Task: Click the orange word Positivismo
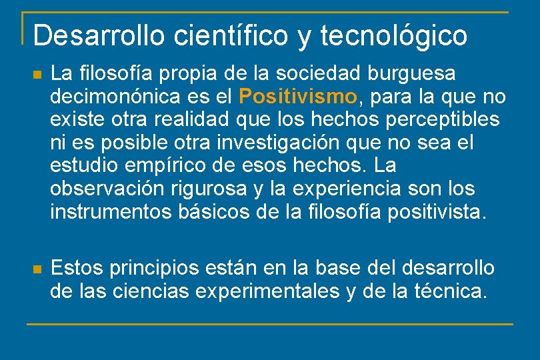[298, 97]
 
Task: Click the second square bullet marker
[37, 269]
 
